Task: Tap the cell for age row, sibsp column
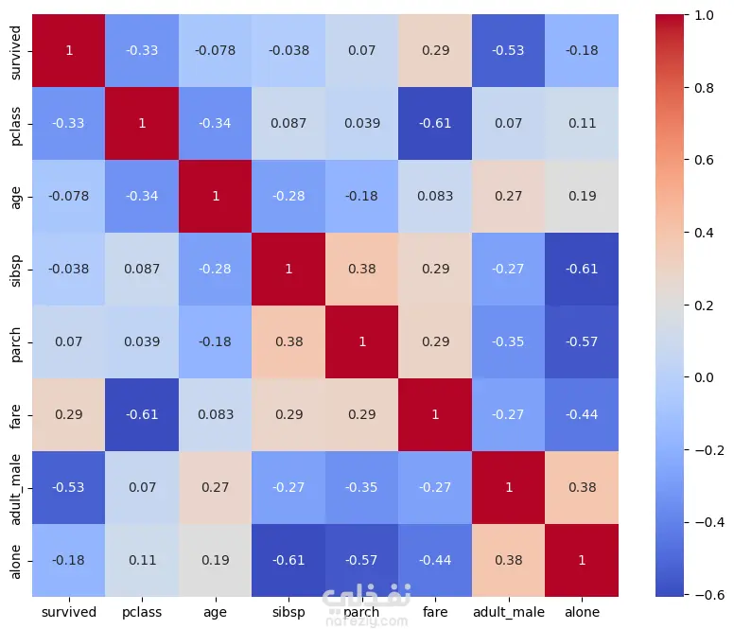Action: click(x=290, y=196)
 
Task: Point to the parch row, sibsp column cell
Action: click(x=290, y=341)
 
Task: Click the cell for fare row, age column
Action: click(x=217, y=414)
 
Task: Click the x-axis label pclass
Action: click(x=143, y=612)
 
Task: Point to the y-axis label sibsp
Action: click(x=16, y=269)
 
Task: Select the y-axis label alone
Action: click(x=16, y=560)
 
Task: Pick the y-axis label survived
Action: click(x=16, y=50)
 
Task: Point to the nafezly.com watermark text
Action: click(x=365, y=620)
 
